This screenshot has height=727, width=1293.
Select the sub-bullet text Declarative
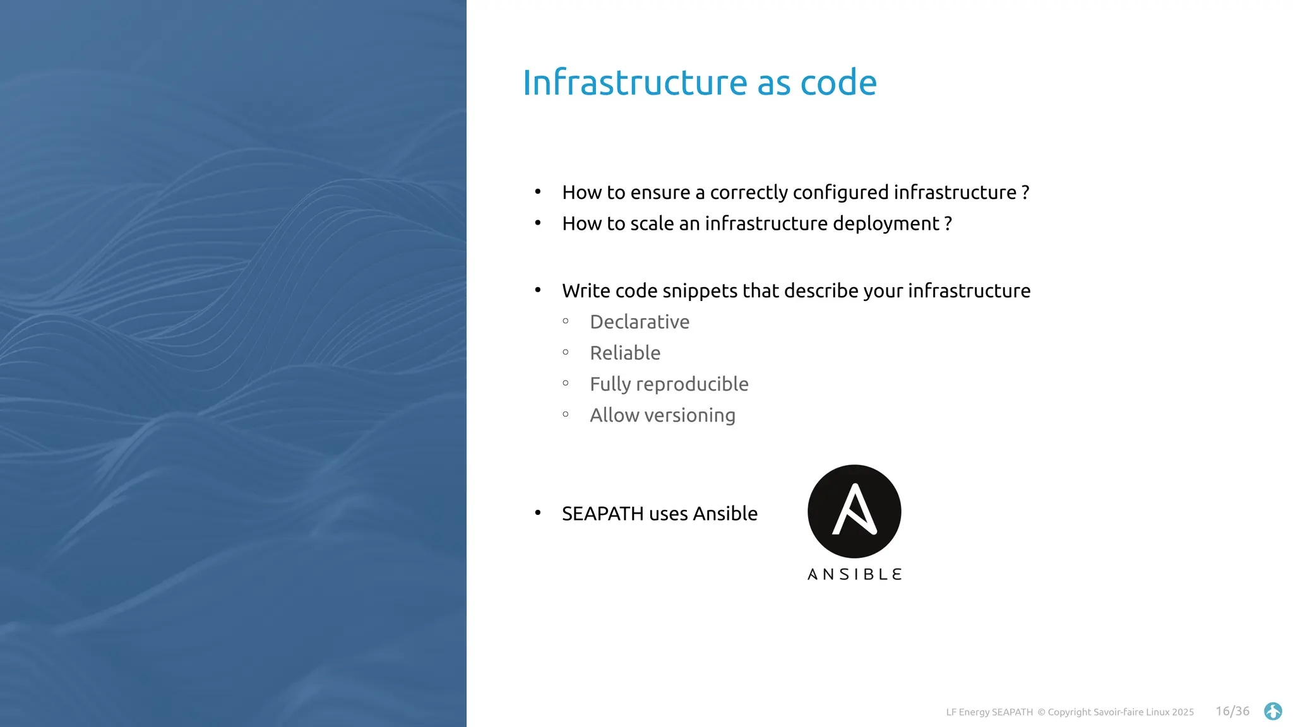click(640, 322)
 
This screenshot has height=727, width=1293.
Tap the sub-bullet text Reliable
click(625, 353)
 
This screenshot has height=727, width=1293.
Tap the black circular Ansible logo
click(854, 511)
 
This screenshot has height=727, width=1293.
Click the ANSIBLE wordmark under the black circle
click(854, 574)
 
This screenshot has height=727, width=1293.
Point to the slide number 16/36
click(1232, 711)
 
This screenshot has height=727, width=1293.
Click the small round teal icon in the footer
click(1273, 711)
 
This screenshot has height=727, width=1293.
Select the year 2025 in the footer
click(1183, 712)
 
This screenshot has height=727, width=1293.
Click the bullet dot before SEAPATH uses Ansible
click(538, 512)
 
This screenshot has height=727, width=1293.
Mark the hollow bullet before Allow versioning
click(566, 415)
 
